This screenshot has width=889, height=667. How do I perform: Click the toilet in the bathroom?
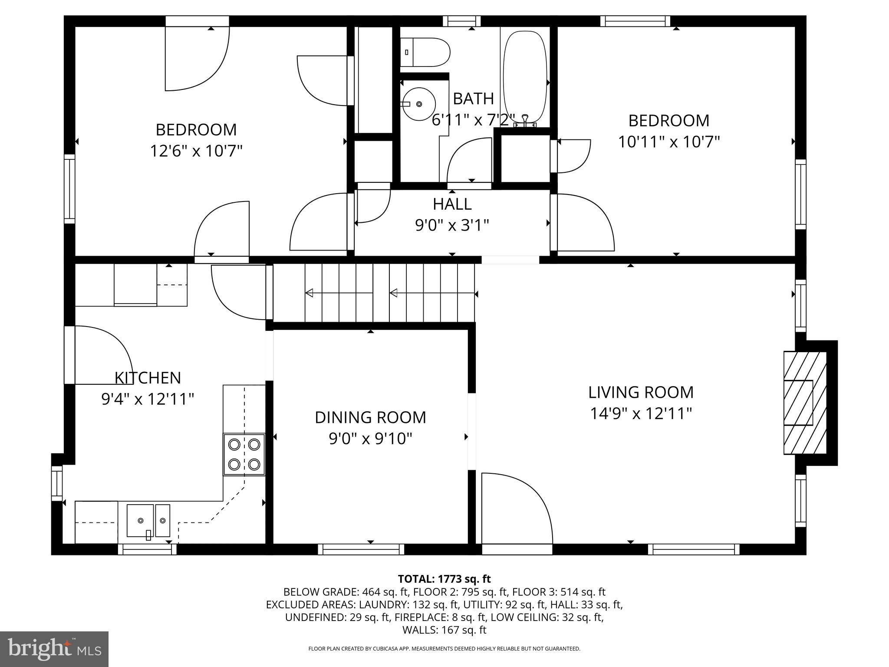click(x=425, y=52)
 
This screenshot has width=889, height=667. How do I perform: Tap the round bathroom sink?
click(x=418, y=104)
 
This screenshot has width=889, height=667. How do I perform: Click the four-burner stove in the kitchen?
click(x=244, y=454)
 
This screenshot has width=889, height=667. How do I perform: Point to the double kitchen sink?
click(x=148, y=520)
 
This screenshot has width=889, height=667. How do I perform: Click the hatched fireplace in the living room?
click(x=804, y=402)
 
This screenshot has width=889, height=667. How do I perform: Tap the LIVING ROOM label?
click(x=641, y=392)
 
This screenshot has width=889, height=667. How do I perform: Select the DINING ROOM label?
click(x=370, y=417)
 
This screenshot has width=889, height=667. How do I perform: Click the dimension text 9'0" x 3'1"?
click(x=452, y=225)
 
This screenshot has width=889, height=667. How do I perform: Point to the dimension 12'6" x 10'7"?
click(x=196, y=151)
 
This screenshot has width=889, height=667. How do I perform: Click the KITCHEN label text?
click(x=148, y=378)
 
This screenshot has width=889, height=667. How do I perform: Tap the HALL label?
click(x=452, y=204)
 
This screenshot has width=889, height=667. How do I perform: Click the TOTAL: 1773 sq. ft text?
click(x=444, y=579)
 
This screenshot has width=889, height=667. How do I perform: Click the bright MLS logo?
click(x=54, y=649)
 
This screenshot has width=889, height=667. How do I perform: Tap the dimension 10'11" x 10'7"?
click(x=668, y=142)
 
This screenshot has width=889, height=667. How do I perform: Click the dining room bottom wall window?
click(x=361, y=549)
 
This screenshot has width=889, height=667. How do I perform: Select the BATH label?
click(x=473, y=99)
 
